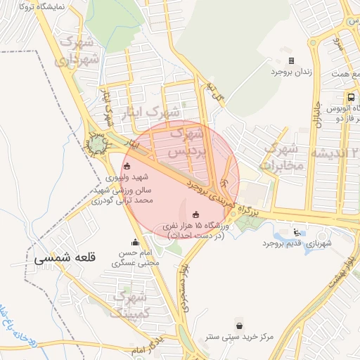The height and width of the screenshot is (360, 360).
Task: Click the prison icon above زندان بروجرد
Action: tap(292, 60)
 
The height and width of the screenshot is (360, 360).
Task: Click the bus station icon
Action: tap(351, 96)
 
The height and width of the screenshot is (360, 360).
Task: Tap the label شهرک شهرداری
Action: tap(78, 51)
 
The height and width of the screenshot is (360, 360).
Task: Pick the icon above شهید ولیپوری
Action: tap(127, 167)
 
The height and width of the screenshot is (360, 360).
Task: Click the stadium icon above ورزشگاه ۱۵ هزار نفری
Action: tap(195, 214)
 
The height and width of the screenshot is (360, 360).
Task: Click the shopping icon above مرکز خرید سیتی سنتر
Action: tap(242, 326)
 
